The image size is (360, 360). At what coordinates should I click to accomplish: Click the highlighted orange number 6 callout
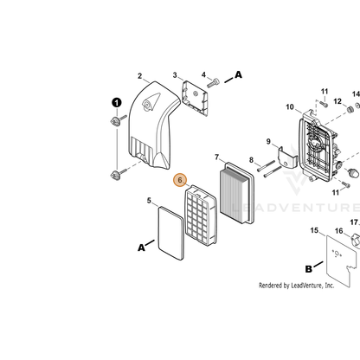[180, 180]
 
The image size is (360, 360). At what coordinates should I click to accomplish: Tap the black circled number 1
[117, 103]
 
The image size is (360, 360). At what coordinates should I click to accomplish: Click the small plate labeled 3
[195, 99]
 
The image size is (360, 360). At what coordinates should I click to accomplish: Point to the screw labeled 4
[213, 83]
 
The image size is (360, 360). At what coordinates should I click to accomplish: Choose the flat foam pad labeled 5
[171, 233]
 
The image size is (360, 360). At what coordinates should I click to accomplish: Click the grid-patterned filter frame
[201, 215]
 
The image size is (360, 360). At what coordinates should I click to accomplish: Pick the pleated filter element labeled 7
[237, 193]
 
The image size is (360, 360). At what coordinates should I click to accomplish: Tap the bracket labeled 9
[287, 158]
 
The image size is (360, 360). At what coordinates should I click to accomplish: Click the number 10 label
[290, 107]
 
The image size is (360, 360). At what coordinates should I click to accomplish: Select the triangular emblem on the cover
[151, 102]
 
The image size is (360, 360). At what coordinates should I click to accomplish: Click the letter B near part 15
[308, 269]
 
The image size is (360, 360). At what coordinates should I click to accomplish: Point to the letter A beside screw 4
[238, 74]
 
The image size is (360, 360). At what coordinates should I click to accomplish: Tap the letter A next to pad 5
[141, 247]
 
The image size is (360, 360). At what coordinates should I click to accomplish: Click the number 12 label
[337, 101]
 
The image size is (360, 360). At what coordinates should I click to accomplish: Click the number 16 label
[339, 231]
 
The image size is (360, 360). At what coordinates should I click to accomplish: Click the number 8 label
[251, 160]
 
